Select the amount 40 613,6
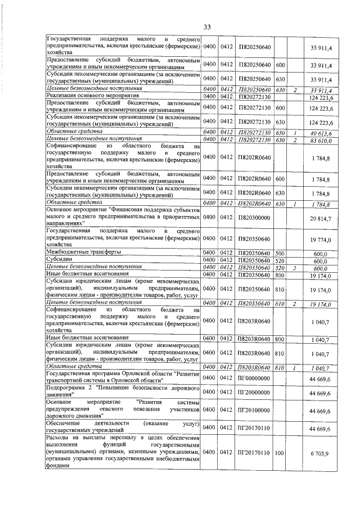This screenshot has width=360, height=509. (321, 133)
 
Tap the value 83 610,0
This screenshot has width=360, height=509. (321, 139)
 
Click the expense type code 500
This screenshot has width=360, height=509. (280, 253)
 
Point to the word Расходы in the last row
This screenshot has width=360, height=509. (58, 437)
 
